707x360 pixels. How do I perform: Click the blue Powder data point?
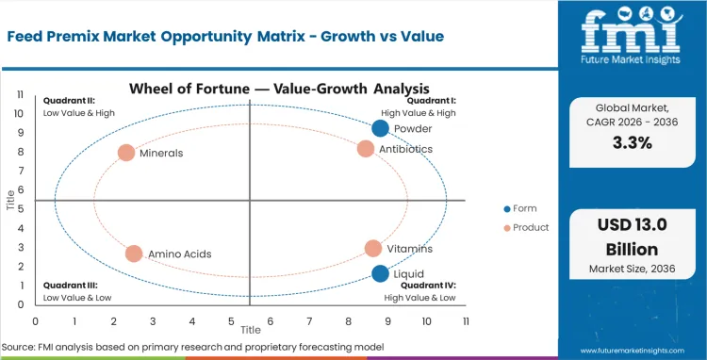[380, 129]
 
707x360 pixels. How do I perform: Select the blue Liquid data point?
[380, 274]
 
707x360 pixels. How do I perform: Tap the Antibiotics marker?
[366, 149]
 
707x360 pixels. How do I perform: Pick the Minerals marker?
[126, 153]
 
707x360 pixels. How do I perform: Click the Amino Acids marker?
[134, 254]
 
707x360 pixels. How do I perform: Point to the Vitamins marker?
[373, 249]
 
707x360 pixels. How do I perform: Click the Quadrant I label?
[433, 100]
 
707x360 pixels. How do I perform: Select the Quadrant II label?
[68, 100]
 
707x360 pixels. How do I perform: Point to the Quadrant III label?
[68, 285]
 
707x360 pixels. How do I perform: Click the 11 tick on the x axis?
[466, 321]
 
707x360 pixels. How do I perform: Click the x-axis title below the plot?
[250, 331]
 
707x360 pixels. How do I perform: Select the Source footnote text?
[193, 348]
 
